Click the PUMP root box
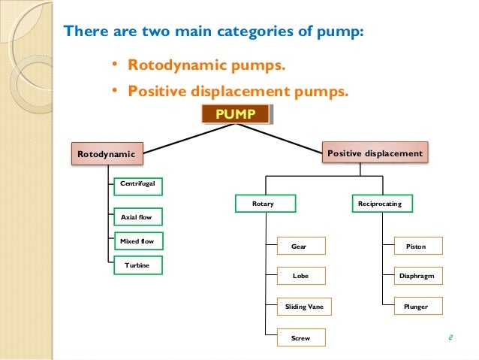(236, 114)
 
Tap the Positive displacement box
(375, 153)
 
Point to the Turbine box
(137, 266)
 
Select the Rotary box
(264, 204)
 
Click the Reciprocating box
(380, 204)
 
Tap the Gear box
(300, 246)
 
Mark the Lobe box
(300, 276)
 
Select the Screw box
(300, 338)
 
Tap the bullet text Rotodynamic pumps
(206, 68)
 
